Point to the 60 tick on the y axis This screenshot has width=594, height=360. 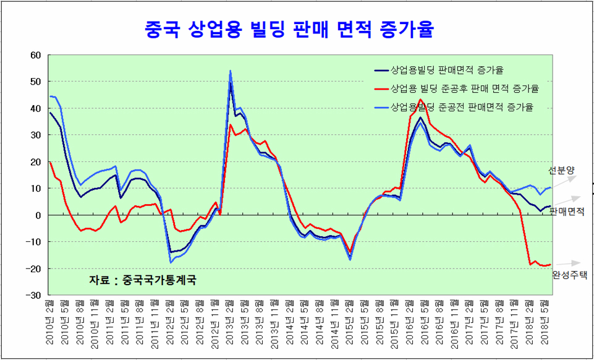click(x=35, y=55)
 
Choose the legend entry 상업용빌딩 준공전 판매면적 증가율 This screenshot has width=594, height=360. click(x=462, y=106)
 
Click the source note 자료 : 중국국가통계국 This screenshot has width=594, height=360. click(x=143, y=280)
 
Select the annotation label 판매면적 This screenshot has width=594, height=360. click(x=567, y=212)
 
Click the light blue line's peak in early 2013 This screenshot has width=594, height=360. click(x=230, y=71)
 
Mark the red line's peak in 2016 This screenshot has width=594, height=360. click(x=421, y=99)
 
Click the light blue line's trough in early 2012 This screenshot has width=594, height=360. click(x=171, y=263)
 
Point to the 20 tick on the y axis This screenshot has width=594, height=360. click(x=35, y=162)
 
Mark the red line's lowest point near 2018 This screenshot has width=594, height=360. click(x=543, y=266)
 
